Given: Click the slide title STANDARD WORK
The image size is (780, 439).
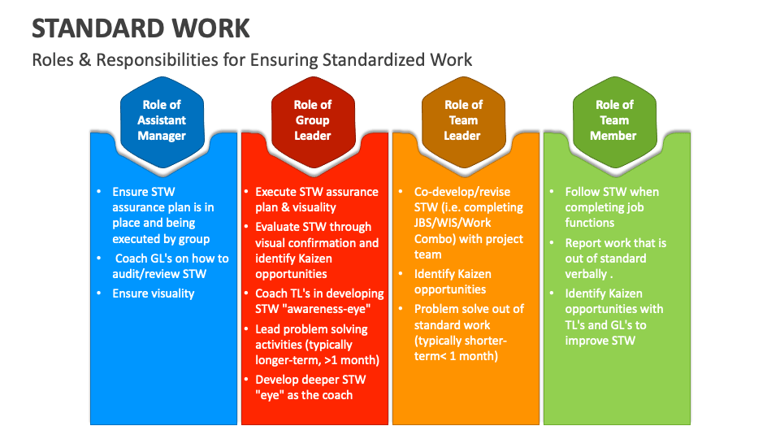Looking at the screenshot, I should [x=141, y=28].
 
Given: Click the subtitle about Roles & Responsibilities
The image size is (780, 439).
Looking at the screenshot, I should [x=252, y=60].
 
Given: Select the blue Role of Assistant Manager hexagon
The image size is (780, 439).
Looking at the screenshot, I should [x=162, y=120].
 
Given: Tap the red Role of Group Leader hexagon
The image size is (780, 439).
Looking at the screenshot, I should [x=313, y=120].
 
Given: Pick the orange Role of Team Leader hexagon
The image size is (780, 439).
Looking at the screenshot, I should [x=463, y=120].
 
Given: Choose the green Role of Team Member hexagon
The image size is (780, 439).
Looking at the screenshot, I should [x=614, y=120].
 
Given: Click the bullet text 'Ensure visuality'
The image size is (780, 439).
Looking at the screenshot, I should [x=154, y=293].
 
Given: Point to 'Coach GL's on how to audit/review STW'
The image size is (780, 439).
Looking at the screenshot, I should [x=171, y=266].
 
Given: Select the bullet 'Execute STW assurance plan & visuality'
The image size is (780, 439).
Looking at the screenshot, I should [x=316, y=199].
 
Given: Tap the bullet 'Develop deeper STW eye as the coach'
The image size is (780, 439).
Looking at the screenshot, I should [x=310, y=387].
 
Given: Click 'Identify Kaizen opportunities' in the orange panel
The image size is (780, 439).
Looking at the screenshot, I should [x=453, y=281].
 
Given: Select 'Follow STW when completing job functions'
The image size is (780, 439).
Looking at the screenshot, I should [x=611, y=207].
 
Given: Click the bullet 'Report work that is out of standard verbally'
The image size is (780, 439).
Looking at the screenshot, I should [x=615, y=258].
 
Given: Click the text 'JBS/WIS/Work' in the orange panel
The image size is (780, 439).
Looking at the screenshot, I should [x=453, y=224].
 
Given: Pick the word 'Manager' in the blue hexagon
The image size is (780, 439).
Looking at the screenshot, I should [x=162, y=136].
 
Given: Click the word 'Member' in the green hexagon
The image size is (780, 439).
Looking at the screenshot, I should [x=613, y=136].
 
